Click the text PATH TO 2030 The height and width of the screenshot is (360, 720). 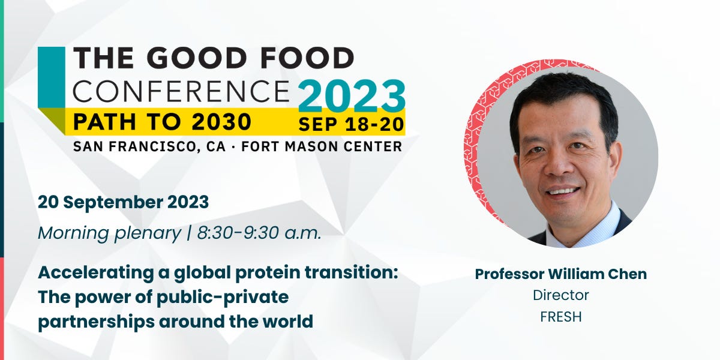(x=162, y=122)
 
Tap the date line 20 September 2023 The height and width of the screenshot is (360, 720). (x=123, y=202)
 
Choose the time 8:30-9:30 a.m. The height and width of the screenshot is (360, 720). (x=259, y=233)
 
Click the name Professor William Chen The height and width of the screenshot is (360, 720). (x=560, y=274)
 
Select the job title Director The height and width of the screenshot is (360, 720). (x=560, y=295)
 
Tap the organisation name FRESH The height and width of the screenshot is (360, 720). (x=560, y=317)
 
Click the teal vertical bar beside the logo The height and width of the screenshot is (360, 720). (x=51, y=78)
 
